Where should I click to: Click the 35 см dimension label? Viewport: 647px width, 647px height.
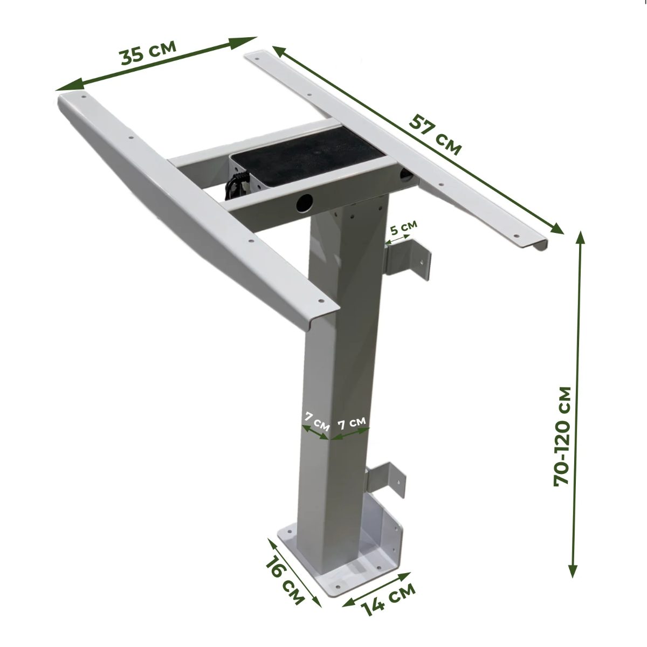click(148, 52)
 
